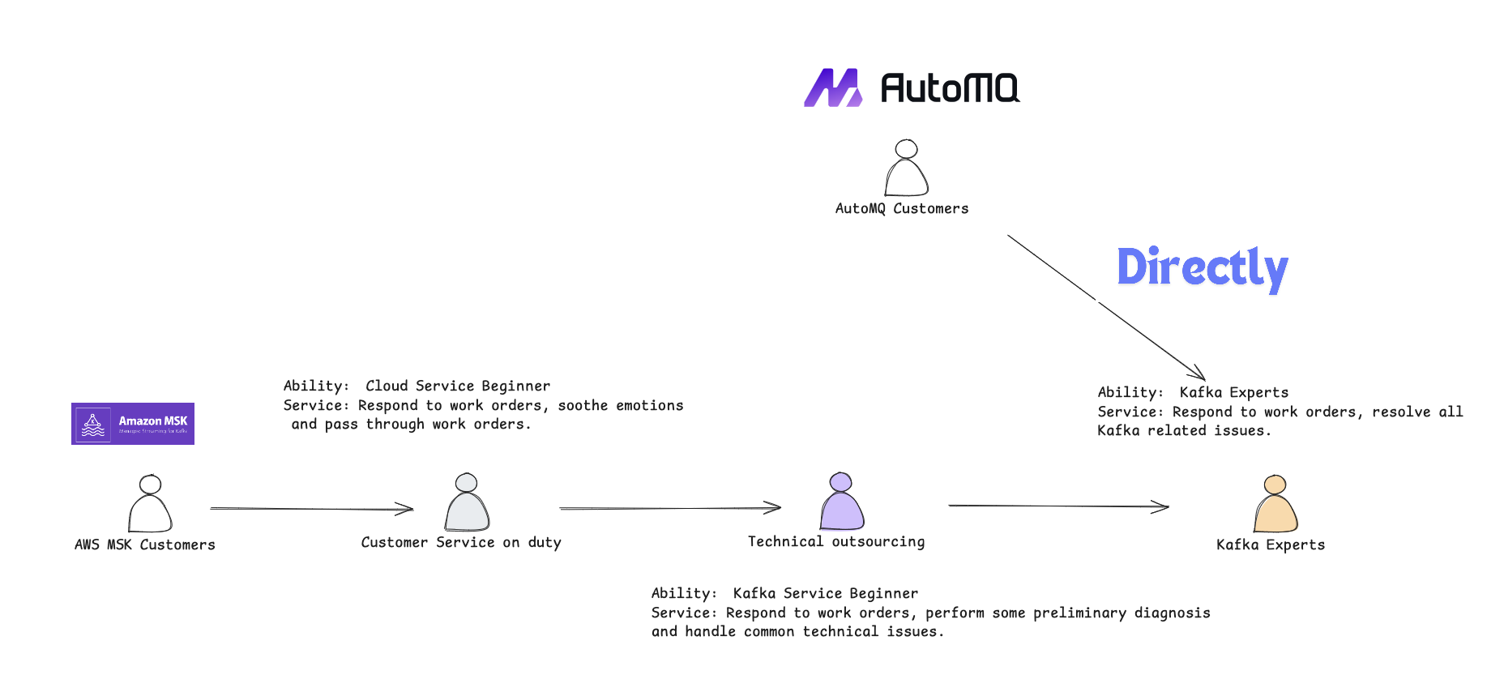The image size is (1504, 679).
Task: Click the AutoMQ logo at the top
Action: point(912,88)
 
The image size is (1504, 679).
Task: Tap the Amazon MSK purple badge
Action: point(133,424)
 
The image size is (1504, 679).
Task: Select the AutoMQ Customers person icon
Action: point(906,169)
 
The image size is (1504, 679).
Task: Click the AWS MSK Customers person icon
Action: point(150,504)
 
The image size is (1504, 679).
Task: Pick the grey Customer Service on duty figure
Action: point(467,503)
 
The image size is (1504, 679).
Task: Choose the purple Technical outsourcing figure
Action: point(842,502)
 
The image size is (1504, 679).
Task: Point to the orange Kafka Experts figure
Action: point(1275,504)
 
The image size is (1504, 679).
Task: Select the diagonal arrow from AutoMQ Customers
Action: point(1105,307)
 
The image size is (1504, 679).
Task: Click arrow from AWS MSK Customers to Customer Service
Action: point(312,509)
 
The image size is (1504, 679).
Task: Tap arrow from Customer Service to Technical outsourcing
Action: point(669,508)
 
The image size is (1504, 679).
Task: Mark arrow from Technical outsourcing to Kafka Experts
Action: point(1057,506)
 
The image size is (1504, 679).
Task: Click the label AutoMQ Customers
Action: point(902,209)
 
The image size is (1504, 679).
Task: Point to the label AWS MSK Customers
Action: point(145,545)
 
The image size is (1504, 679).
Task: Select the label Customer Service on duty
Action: point(461,543)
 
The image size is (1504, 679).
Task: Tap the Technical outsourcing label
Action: point(836,542)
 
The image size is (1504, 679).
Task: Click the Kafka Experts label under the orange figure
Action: point(1271,545)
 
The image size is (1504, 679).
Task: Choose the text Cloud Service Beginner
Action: point(458,386)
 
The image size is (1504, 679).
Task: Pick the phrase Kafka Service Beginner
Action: point(826,594)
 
